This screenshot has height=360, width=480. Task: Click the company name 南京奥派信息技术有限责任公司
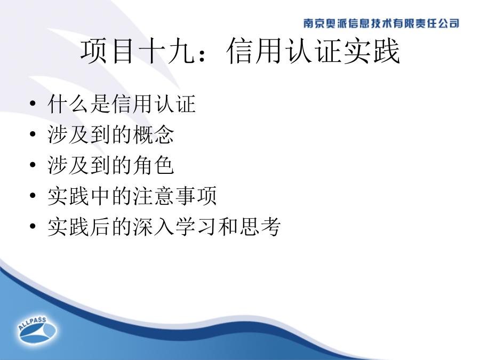click(381, 23)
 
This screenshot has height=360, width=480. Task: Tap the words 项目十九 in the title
click(138, 51)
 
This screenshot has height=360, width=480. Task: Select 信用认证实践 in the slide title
click(313, 51)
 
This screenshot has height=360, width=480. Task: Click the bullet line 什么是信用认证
click(122, 104)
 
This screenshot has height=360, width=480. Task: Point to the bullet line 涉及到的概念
click(111, 134)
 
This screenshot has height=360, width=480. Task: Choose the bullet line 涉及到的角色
click(111, 165)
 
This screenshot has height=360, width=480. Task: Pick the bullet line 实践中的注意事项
click(132, 196)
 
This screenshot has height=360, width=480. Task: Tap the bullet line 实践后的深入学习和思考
click(164, 227)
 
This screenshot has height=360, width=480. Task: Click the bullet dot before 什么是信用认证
click(33, 103)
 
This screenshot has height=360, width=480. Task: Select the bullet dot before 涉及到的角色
click(33, 165)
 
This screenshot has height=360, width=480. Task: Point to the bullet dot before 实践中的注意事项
click(33, 196)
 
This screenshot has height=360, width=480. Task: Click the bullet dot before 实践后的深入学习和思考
click(33, 226)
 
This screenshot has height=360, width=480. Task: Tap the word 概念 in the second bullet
click(154, 134)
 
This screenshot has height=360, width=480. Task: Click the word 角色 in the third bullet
click(154, 165)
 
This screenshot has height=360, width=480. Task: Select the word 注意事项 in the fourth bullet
click(174, 196)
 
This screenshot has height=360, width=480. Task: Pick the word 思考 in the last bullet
click(260, 227)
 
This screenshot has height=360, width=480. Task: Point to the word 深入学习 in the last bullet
click(174, 227)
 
